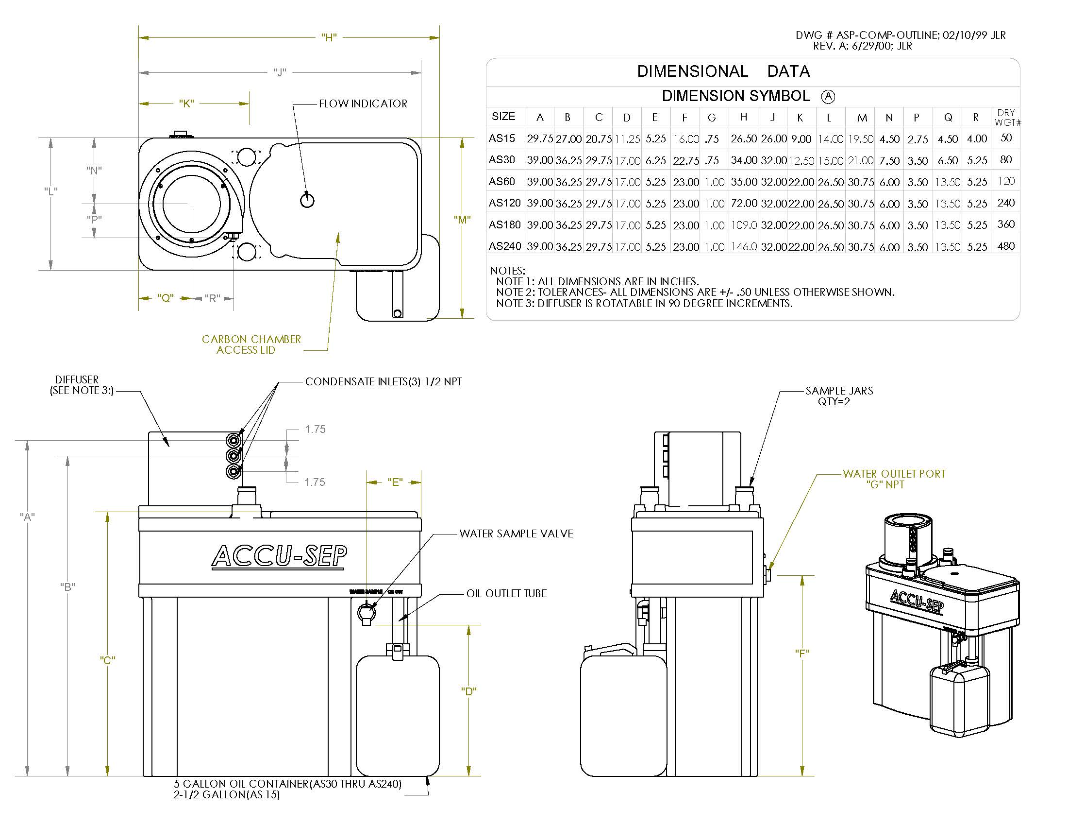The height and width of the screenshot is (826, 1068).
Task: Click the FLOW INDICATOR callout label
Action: pyautogui.click(x=363, y=104)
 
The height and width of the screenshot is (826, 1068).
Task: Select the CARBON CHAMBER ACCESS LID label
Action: pyautogui.click(x=251, y=344)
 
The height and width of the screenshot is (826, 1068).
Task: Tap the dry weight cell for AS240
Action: pyautogui.click(x=1005, y=246)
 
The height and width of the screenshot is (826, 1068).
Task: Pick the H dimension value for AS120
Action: pyautogui.click(x=743, y=203)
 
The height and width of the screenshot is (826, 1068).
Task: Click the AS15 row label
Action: pyautogui.click(x=502, y=138)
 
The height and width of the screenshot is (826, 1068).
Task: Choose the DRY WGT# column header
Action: pyautogui.click(x=1006, y=118)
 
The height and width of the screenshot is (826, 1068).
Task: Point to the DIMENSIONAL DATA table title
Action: pyautogui.click(x=723, y=71)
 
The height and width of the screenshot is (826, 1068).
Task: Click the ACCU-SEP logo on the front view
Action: pyautogui.click(x=279, y=556)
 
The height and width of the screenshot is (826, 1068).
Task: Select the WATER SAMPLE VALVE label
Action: pyautogui.click(x=516, y=534)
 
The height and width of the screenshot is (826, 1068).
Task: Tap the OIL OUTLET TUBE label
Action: pyautogui.click(x=506, y=594)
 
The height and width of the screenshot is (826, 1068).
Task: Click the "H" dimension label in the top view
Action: pyautogui.click(x=329, y=38)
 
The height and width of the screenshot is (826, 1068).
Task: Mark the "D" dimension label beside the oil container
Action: pyautogui.click(x=468, y=691)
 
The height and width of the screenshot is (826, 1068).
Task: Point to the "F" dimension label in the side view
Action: pyautogui.click(x=802, y=653)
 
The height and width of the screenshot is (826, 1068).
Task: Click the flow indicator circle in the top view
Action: pyautogui.click(x=307, y=200)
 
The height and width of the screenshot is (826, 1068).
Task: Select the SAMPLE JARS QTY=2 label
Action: pyautogui.click(x=839, y=396)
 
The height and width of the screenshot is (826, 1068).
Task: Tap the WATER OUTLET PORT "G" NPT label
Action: pyautogui.click(x=893, y=479)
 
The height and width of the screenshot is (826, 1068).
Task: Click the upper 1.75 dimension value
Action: pyautogui.click(x=315, y=430)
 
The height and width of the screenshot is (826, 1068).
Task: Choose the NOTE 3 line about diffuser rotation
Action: pyautogui.click(x=644, y=303)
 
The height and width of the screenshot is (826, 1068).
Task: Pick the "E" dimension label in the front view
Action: pyautogui.click(x=395, y=482)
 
